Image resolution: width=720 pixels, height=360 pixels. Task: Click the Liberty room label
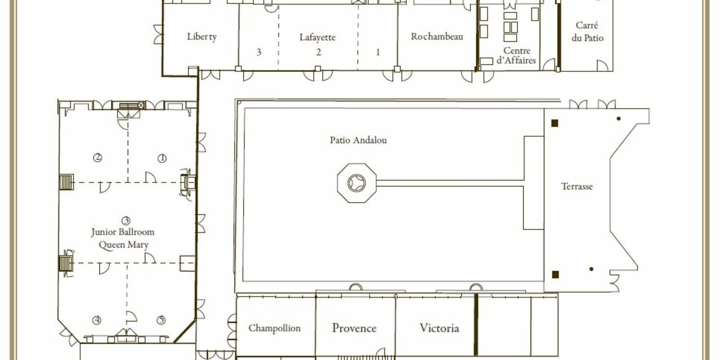point(202,36)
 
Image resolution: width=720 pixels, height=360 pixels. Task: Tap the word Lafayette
point(318,37)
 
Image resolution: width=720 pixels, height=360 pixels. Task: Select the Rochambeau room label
point(437,36)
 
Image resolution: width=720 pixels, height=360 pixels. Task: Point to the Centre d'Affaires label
point(516,55)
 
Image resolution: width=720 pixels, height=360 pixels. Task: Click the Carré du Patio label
point(587,31)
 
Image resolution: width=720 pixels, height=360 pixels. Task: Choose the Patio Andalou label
point(359,140)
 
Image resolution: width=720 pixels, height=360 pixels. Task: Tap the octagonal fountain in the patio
point(357,183)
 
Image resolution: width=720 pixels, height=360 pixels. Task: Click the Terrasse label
point(576,186)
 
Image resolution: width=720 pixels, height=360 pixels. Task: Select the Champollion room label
point(275,328)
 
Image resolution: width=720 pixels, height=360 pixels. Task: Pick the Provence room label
point(354,328)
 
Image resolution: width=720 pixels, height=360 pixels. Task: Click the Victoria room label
point(439,328)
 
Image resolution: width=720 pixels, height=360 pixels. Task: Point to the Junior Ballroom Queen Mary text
point(123,239)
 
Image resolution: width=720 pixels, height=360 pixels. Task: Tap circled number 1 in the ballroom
point(162,158)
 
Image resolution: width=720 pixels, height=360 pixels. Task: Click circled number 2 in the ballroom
point(98,157)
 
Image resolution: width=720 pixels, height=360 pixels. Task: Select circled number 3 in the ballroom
point(126,220)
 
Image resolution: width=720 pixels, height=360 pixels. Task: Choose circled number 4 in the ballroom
point(97,320)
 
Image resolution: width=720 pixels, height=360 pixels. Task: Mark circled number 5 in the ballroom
point(161,320)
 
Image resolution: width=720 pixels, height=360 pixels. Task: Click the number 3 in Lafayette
point(259,52)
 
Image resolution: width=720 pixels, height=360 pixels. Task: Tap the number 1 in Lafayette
point(378,52)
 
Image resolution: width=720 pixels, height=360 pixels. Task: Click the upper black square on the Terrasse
point(555,123)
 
